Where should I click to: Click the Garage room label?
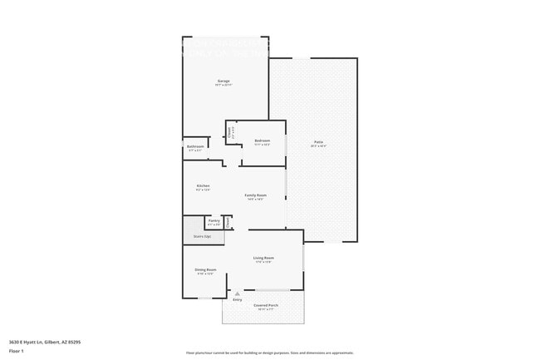(223, 81)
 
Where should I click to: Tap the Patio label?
(318, 142)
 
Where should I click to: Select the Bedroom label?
(263, 141)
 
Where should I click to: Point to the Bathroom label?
(195, 146)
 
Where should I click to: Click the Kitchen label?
(203, 185)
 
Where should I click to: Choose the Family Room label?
(255, 195)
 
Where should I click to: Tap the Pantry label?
(214, 220)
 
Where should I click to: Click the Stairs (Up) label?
(203, 236)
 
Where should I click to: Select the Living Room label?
(263, 258)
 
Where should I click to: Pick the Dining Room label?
(206, 269)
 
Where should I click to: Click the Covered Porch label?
(266, 305)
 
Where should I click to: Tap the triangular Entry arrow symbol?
(238, 293)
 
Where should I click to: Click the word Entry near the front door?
(238, 299)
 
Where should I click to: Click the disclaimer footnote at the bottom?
(270, 353)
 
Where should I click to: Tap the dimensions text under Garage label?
(223, 85)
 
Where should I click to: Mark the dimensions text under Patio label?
(318, 146)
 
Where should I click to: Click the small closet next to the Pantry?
(228, 222)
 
